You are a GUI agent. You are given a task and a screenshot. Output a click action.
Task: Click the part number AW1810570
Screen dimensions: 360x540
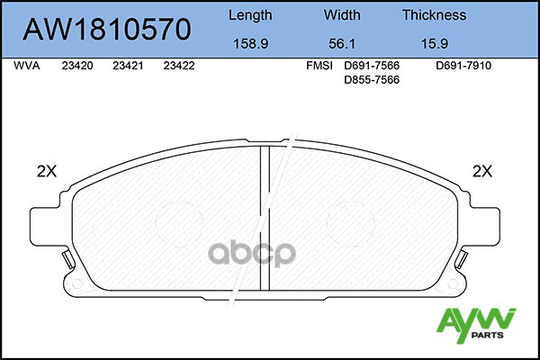pyautogui.click(x=106, y=30)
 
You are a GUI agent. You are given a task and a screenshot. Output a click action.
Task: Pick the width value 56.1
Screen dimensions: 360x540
pyautogui.click(x=341, y=42)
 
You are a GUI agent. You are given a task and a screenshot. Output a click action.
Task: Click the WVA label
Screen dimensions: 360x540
pyautogui.click(x=26, y=67)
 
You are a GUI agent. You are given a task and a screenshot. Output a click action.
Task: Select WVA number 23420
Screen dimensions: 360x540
pyautogui.click(x=79, y=67)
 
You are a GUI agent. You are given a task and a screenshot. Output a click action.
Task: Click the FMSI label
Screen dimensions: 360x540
pyautogui.click(x=320, y=67)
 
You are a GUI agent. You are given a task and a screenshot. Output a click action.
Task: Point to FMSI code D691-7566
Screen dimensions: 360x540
pyautogui.click(x=372, y=67)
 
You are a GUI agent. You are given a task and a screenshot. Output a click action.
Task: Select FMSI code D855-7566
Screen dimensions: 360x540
pyautogui.click(x=372, y=80)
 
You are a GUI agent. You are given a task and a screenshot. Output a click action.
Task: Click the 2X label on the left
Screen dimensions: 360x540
pyautogui.click(x=45, y=170)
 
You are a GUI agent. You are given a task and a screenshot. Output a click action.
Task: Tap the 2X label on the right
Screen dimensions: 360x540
pyautogui.click(x=482, y=170)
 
